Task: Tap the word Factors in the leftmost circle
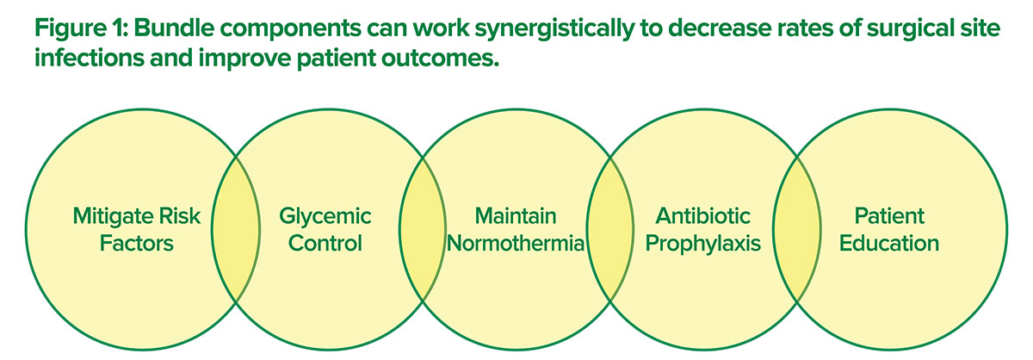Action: click(137, 243)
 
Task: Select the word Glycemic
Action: click(325, 216)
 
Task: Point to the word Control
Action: click(325, 243)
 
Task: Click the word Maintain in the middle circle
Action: click(516, 216)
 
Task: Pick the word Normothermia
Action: click(516, 243)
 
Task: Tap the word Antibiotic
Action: click(702, 216)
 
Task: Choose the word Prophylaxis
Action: click(702, 244)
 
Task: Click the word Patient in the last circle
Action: click(889, 216)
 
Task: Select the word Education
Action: click(889, 243)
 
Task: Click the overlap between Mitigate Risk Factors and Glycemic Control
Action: click(236, 229)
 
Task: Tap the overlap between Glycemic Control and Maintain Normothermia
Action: click(423, 229)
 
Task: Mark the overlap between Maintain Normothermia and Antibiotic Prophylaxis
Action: click(610, 229)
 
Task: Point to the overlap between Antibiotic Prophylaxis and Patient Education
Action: click(797, 229)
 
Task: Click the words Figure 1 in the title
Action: click(81, 29)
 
